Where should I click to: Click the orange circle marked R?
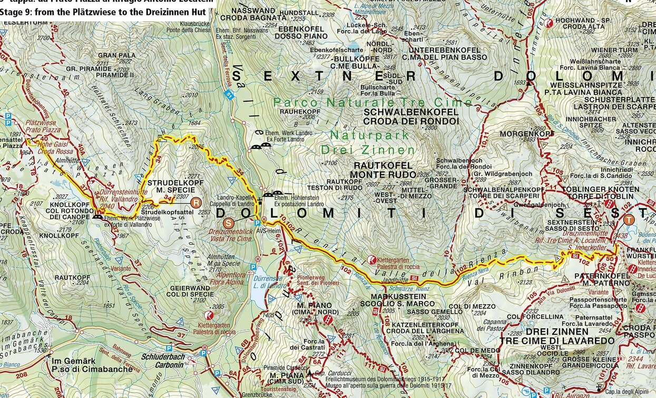coord(196,202)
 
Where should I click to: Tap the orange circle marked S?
coord(228,223)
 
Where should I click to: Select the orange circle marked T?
coord(629,220)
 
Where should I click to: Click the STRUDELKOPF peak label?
coord(169,182)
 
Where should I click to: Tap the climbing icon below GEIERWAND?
coord(209,315)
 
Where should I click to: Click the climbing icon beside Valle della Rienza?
coord(372,260)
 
